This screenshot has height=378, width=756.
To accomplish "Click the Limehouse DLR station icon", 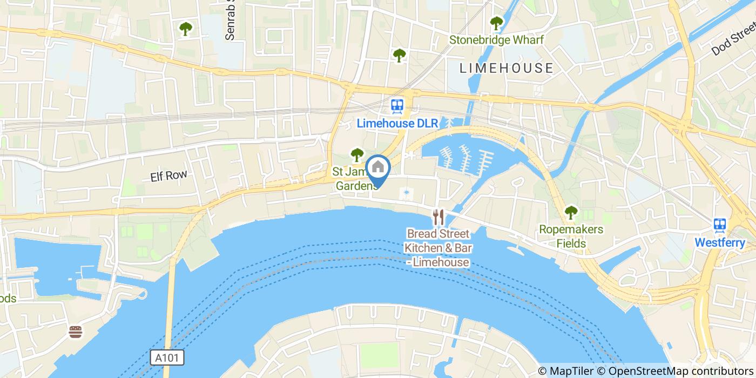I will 399,105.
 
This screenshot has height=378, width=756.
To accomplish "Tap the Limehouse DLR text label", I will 397,124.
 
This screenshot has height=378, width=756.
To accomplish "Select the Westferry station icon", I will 719,225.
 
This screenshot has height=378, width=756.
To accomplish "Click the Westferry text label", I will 719,243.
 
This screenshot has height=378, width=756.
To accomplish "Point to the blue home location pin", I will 378,168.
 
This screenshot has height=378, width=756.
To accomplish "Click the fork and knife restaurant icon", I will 438,217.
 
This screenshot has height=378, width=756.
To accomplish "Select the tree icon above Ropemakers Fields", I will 571,212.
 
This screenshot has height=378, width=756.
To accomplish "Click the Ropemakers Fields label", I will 571,237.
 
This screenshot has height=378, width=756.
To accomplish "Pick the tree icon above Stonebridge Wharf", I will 496,23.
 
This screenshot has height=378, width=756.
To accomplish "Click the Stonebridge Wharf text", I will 496,40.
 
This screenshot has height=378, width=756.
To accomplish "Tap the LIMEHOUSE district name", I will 507,68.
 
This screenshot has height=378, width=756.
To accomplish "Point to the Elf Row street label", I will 169,175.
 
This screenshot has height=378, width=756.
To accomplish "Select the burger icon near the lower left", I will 76,332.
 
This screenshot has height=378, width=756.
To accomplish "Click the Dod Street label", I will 733,42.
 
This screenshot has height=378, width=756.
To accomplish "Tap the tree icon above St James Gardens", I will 356,155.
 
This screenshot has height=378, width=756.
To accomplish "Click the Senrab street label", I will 231,22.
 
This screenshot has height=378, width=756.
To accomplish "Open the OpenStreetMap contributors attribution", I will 680,371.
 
